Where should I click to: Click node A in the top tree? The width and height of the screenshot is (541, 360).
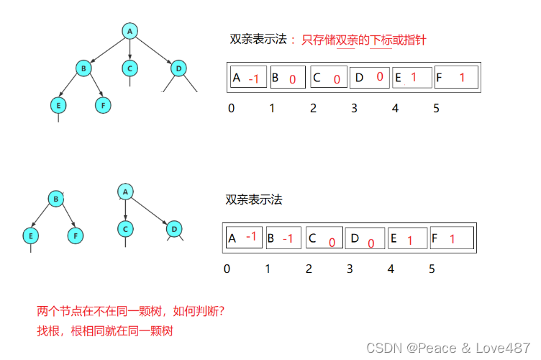[129, 31]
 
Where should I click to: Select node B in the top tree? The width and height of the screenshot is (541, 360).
[83, 68]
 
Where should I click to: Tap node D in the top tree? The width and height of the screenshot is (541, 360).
[178, 68]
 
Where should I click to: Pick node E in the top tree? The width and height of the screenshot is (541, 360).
[58, 105]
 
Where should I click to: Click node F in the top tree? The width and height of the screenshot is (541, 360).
[103, 105]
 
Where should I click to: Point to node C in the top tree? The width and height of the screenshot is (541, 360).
[129, 68]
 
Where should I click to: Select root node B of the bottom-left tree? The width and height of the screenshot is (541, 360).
[55, 199]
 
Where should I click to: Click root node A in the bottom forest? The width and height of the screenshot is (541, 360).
[125, 192]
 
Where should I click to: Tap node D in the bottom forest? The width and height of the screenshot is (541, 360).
[173, 229]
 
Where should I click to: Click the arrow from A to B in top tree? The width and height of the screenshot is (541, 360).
[106, 50]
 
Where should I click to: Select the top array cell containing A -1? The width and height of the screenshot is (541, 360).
[248, 78]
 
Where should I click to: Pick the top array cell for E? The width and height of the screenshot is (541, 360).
[412, 78]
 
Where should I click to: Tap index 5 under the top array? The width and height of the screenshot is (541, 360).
[436, 108]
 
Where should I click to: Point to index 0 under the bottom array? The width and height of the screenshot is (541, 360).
[227, 269]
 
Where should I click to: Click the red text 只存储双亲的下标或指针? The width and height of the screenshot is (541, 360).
[364, 40]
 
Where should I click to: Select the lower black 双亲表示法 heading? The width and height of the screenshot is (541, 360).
[254, 199]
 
